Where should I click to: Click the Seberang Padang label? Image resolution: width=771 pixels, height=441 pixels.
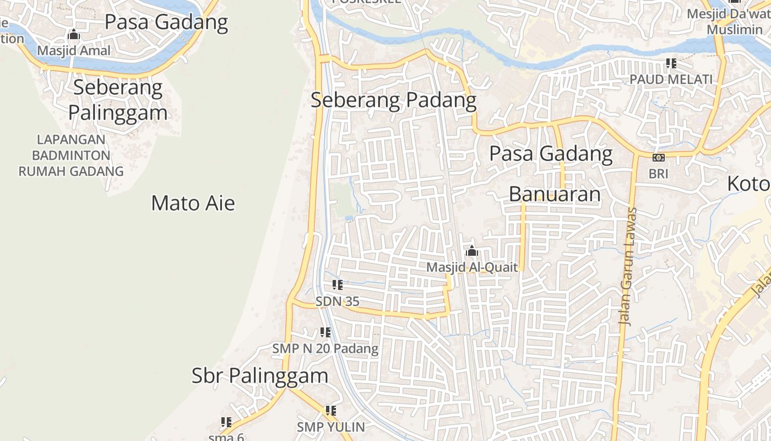pyautogui.click(x=393, y=100)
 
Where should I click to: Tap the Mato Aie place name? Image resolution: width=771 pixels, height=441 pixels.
pyautogui.click(x=193, y=203)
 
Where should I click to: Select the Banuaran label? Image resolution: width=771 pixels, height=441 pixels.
pyautogui.click(x=555, y=194)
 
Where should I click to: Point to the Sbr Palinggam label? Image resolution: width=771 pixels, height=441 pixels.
pyautogui.click(x=259, y=375)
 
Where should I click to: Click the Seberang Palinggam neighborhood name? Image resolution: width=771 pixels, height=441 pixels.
pyautogui.click(x=118, y=100)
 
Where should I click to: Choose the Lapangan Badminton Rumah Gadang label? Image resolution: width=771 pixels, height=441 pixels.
pyautogui.click(x=71, y=155)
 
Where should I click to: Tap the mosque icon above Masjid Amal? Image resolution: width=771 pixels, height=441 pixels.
pyautogui.click(x=74, y=35)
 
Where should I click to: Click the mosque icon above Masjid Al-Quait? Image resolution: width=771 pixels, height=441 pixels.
pyautogui.click(x=471, y=251)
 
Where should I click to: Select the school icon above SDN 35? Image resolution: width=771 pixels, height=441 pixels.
pyautogui.click(x=338, y=285)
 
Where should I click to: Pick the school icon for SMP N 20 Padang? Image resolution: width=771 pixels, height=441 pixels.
pyautogui.click(x=325, y=332)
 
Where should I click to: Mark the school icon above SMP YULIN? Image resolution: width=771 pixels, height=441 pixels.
pyautogui.click(x=330, y=411)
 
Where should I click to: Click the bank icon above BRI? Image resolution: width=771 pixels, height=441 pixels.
pyautogui.click(x=658, y=158)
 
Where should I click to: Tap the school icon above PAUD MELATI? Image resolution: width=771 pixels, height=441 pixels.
pyautogui.click(x=671, y=63)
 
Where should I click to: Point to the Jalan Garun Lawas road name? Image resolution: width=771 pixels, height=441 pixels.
pyautogui.click(x=627, y=266)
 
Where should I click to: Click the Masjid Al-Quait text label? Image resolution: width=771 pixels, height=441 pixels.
pyautogui.click(x=473, y=267)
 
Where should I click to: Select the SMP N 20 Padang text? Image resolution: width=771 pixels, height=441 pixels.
pyautogui.click(x=325, y=348)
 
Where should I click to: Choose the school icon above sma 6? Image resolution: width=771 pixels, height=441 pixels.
pyautogui.click(x=226, y=422)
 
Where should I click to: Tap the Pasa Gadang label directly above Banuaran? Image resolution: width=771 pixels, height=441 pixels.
pyautogui.click(x=551, y=153)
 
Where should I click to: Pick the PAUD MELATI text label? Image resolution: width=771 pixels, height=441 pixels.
pyautogui.click(x=671, y=79)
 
